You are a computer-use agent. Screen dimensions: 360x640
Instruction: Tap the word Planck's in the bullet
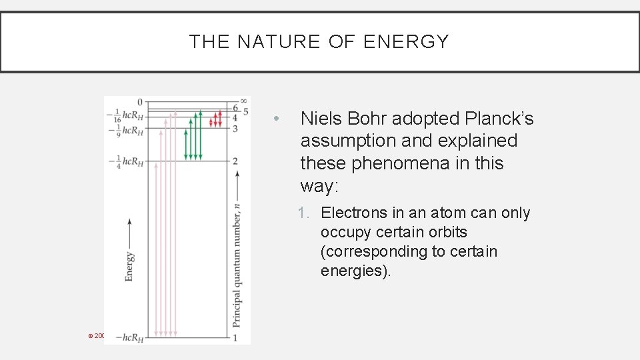(x=503, y=119)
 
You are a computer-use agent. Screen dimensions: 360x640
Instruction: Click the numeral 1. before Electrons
(x=305, y=213)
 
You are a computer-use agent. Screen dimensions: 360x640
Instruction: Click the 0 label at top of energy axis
(x=140, y=102)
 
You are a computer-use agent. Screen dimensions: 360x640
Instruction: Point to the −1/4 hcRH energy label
(x=125, y=161)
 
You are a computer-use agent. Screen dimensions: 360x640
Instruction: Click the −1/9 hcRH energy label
(x=125, y=130)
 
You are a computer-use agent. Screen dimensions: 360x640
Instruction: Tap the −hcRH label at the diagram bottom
(x=129, y=338)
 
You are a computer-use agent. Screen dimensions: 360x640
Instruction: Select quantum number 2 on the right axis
(x=235, y=161)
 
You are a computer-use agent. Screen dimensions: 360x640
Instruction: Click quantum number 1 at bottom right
(x=235, y=338)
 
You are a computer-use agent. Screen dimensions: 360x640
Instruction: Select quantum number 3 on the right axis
(x=235, y=128)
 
